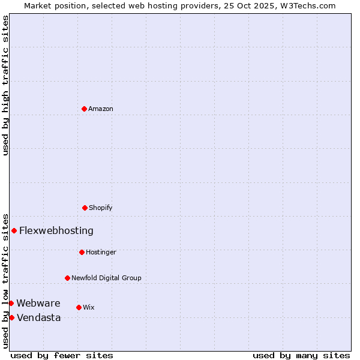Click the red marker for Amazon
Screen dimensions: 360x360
[x=85, y=109]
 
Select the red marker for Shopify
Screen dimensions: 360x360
[x=85, y=208]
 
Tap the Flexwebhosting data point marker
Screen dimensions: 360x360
[x=14, y=230]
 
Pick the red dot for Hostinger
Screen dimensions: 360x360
[x=82, y=252]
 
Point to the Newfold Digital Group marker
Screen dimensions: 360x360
[x=67, y=278]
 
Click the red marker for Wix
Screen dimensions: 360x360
[x=79, y=307]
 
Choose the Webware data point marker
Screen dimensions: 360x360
[x=11, y=303]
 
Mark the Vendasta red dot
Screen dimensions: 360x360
[x=11, y=317]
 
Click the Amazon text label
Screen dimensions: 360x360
[x=101, y=109]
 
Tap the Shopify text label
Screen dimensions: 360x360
[x=101, y=208]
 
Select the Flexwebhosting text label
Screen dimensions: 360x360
[x=56, y=230]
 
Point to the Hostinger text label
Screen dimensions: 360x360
[x=101, y=252]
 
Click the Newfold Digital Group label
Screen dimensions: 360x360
[x=106, y=278]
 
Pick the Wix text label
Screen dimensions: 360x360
[x=89, y=307]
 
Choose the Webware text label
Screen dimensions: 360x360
[x=38, y=303]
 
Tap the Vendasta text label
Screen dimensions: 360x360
[x=39, y=317]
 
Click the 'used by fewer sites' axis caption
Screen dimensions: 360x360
[x=62, y=355]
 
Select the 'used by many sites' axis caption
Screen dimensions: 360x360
[x=301, y=355]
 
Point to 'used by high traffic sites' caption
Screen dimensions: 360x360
[x=5, y=85]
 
